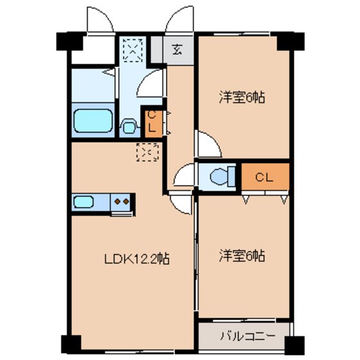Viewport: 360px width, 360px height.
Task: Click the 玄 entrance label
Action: coord(176,49)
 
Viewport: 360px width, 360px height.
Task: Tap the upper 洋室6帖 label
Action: coord(242,98)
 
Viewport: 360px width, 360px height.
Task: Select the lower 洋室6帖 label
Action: coord(242,255)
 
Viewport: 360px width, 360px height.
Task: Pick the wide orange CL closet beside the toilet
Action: coord(265,177)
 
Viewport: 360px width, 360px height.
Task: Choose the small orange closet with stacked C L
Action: coord(152,122)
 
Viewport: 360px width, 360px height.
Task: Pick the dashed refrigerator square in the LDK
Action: coord(147,152)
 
